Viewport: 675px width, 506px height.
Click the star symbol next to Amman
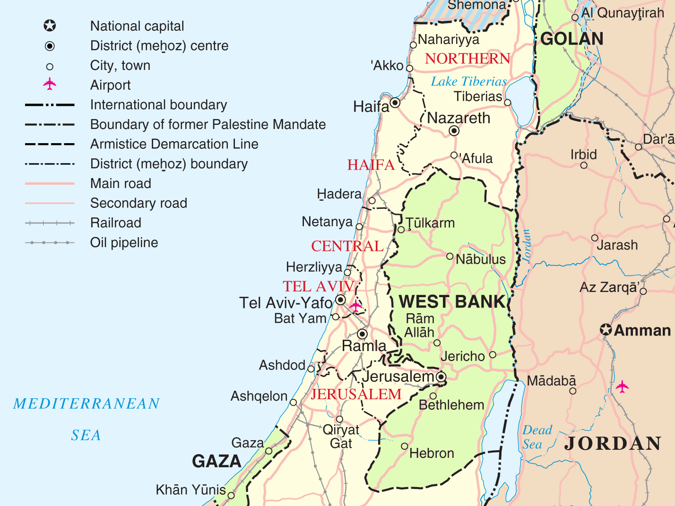point(606,330)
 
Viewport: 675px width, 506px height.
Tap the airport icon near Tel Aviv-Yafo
point(355,306)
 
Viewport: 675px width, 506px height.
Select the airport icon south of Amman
point(623,386)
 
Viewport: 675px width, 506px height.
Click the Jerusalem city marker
point(441,377)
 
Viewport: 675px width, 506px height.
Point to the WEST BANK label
point(452,302)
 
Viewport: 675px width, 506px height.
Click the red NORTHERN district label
point(467,59)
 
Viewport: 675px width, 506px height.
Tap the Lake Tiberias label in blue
point(468,82)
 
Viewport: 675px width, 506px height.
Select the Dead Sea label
point(537,437)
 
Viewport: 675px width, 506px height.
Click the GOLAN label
point(571,39)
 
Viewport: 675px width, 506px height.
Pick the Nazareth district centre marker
point(454,131)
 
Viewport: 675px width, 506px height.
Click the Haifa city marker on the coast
point(395,103)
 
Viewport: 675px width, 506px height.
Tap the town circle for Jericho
point(493,355)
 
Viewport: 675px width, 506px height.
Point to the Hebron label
point(431,454)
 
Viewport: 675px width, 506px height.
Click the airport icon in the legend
point(50,85)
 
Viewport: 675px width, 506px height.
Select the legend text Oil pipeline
point(124,243)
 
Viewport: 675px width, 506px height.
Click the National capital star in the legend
point(50,26)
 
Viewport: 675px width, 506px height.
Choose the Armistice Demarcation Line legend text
point(174,144)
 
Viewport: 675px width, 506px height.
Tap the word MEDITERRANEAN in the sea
point(87,404)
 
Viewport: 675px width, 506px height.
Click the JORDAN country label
point(613,444)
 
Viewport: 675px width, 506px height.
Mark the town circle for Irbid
point(584,165)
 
